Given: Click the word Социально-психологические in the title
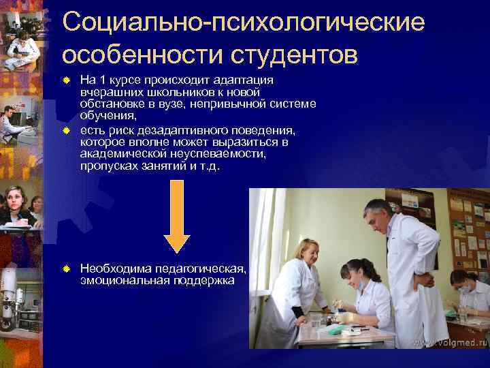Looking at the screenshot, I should (x=243, y=22).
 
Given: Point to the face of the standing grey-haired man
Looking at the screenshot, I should (x=376, y=217).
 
